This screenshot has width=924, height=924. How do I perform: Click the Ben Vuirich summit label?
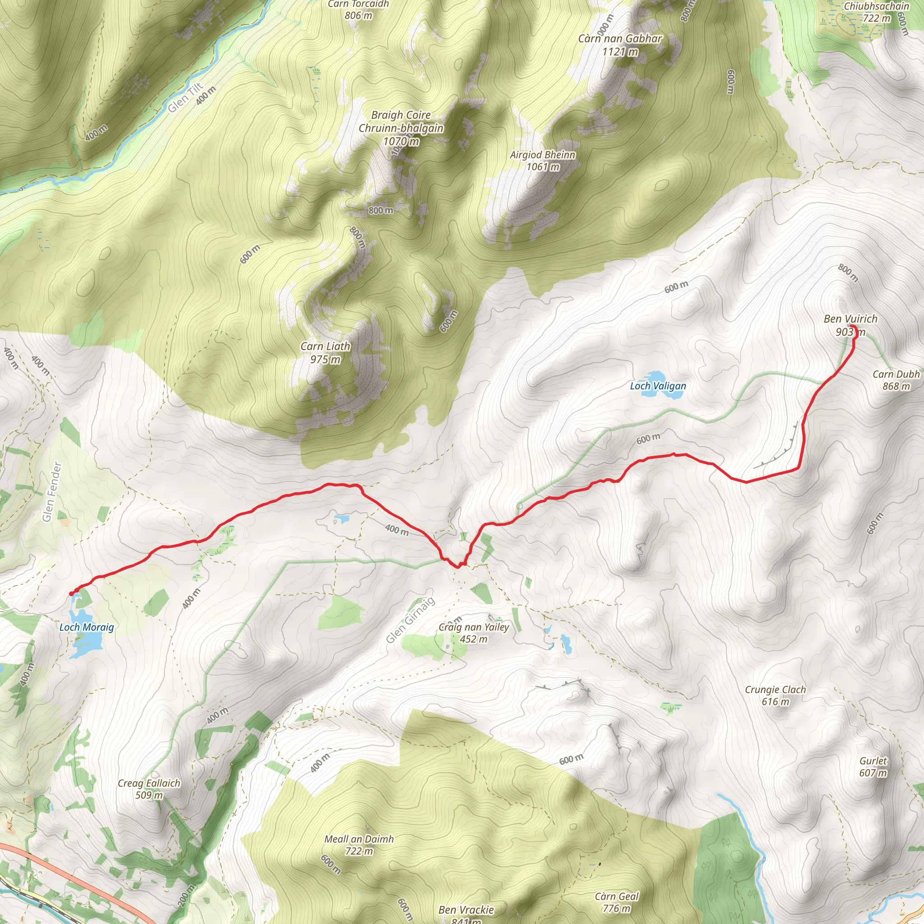(850, 325)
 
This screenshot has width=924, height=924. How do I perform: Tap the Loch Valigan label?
(658, 386)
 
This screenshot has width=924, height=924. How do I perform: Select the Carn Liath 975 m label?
(325, 353)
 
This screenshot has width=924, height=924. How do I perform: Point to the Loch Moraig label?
(87, 627)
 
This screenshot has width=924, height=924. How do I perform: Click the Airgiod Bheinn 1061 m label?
(542, 161)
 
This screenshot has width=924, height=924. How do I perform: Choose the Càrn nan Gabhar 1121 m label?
(620, 45)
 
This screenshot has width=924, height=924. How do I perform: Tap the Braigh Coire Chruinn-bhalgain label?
(401, 128)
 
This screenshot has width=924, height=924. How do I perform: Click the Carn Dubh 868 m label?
(896, 380)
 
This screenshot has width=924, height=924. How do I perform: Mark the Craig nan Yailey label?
(473, 633)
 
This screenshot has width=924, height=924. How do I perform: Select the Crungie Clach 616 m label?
(775, 695)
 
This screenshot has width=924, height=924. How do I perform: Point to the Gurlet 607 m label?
(873, 767)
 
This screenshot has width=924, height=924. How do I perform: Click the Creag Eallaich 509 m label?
(149, 789)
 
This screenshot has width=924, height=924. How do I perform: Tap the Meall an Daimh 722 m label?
(359, 845)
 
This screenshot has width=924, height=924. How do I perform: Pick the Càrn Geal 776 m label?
(616, 902)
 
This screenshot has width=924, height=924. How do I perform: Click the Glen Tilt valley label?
(185, 98)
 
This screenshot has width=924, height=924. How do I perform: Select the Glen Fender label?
(51, 492)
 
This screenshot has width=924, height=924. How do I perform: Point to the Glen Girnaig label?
(411, 620)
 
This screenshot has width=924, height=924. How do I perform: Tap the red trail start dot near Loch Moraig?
(71, 594)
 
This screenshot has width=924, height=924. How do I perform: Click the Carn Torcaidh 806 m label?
(358, 9)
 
